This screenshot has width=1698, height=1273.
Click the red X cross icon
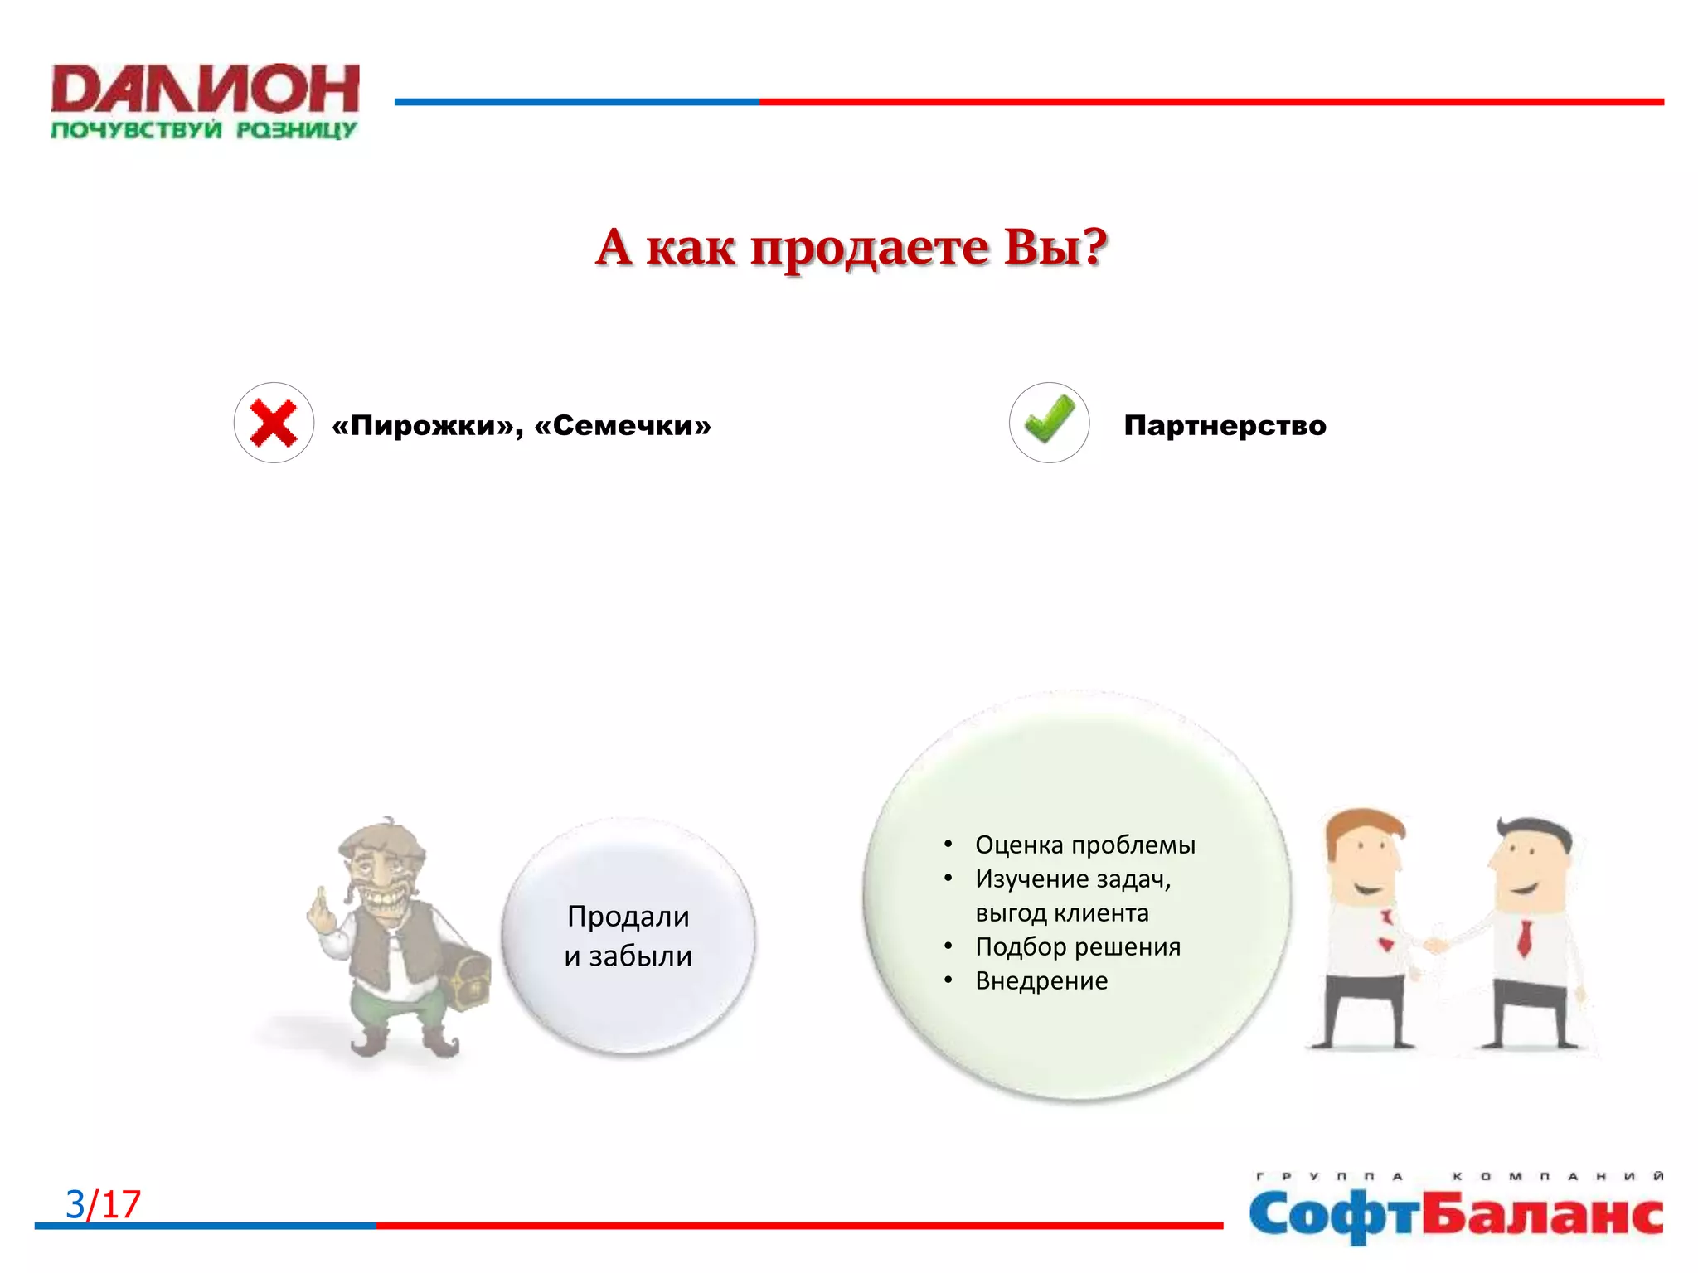click(x=274, y=423)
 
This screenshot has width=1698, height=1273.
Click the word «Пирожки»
click(x=423, y=426)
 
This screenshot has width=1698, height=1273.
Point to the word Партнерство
click(x=1225, y=426)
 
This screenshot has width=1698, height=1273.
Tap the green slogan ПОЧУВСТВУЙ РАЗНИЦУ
click(x=203, y=130)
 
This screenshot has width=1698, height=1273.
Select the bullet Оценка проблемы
click(x=1084, y=845)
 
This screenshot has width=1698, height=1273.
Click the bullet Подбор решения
click(x=1077, y=946)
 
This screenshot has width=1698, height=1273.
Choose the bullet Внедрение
click(x=1041, y=980)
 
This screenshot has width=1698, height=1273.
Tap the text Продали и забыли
click(x=628, y=936)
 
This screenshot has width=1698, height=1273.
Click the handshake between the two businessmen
click(x=1434, y=944)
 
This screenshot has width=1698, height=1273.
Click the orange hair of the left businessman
click(x=1360, y=825)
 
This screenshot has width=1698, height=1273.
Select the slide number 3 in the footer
click(x=75, y=1204)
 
